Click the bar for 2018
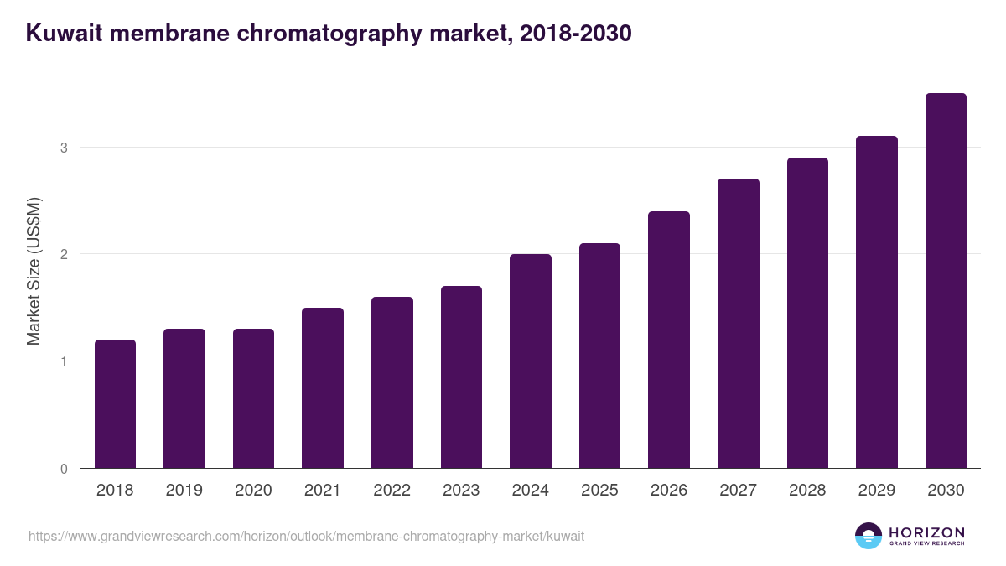click(x=115, y=404)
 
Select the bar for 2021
click(x=323, y=388)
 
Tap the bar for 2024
click(x=531, y=361)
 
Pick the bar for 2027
click(x=739, y=324)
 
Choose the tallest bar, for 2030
click(x=946, y=281)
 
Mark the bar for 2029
click(x=877, y=302)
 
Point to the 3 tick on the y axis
click(x=63, y=148)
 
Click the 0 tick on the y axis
click(x=63, y=469)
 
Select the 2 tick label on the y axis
click(x=63, y=254)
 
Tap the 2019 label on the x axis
click(x=184, y=491)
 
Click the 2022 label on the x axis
click(x=392, y=491)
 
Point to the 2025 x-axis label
click(x=599, y=491)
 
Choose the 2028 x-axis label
click(x=807, y=491)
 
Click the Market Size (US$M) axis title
click(x=34, y=271)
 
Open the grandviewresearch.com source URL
click(x=306, y=536)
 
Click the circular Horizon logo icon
click(x=869, y=536)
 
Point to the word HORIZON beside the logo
click(x=926, y=532)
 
